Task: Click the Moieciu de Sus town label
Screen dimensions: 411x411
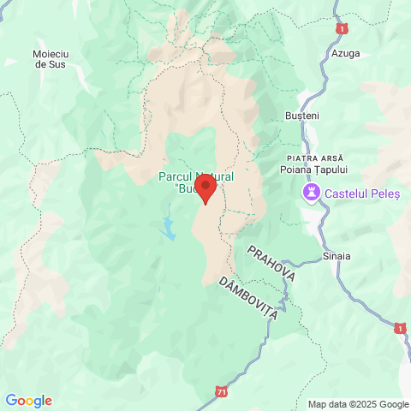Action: click(49, 58)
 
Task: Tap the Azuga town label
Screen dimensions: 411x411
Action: click(345, 53)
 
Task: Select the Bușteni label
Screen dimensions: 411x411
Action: click(301, 115)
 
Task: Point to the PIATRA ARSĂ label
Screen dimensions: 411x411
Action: click(314, 158)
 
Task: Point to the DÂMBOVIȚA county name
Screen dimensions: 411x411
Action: click(248, 298)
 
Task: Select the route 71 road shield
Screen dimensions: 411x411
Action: click(223, 391)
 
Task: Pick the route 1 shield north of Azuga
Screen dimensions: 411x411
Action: click(343, 29)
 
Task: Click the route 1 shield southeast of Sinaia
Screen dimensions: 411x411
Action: click(400, 328)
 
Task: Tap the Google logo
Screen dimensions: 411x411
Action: click(28, 400)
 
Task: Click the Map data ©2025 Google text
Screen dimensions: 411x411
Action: click(359, 404)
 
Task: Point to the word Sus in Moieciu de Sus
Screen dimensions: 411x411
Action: click(57, 64)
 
